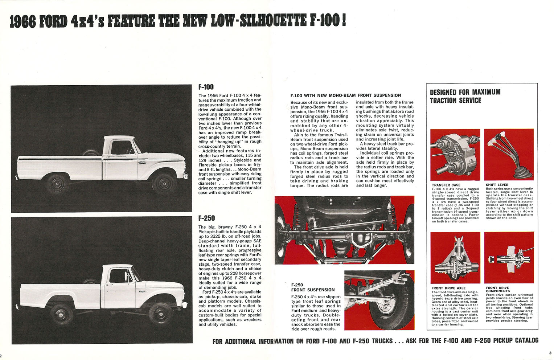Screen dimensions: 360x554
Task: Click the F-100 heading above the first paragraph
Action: pos(206,87)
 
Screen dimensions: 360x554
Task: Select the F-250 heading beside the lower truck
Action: pos(206,218)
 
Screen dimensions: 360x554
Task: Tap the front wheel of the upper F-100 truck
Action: pos(164,183)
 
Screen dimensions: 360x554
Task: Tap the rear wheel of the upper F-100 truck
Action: pos(57,184)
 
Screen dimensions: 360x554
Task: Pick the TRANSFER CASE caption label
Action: pos(446,185)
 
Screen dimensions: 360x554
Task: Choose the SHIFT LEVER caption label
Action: pos(497,185)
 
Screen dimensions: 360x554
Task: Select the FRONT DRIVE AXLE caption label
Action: pos(448,288)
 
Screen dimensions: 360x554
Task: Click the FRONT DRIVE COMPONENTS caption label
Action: pos(498,289)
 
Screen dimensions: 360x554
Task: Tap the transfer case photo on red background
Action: pos(455,155)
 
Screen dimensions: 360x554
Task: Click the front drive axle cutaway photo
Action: pos(455,258)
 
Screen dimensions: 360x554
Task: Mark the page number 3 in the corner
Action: pos(550,353)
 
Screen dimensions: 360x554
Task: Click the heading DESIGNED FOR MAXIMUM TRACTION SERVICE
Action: pos(465,96)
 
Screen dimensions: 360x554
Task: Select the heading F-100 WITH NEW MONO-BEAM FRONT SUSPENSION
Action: pos(345,95)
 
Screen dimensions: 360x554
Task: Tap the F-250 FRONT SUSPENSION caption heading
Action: pos(313,287)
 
